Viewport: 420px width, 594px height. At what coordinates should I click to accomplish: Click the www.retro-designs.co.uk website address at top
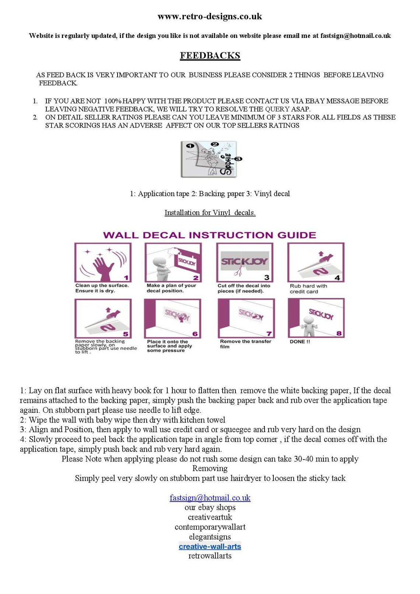point(210,17)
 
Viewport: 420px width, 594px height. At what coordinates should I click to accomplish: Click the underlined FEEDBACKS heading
point(210,56)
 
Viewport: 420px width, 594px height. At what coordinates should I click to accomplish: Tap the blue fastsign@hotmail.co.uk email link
point(210,498)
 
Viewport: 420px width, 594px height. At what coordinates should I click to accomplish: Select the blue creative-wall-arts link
point(210,546)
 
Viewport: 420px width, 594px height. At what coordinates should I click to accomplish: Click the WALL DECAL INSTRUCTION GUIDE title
point(210,235)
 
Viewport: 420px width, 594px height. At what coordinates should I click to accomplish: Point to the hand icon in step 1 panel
point(104,266)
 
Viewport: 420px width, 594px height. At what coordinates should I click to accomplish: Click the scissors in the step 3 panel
point(237,272)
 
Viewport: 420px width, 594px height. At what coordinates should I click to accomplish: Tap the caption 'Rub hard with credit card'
point(308,289)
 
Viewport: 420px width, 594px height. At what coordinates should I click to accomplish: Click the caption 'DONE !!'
point(300,342)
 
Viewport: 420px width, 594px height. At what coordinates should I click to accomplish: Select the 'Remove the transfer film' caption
point(245,344)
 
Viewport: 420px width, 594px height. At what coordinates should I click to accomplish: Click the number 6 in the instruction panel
point(195,334)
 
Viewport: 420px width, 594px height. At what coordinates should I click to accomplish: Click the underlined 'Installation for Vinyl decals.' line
point(210,212)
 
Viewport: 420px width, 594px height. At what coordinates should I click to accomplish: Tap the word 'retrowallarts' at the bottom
point(210,556)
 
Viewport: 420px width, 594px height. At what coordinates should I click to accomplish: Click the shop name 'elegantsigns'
point(210,537)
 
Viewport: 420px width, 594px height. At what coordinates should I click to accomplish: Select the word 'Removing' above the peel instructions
point(210,468)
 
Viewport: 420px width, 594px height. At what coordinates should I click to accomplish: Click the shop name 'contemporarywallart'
point(210,527)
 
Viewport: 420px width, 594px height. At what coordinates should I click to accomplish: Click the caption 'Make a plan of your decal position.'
point(171,288)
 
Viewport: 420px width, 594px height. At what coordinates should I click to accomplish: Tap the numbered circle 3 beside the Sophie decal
point(238,159)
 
